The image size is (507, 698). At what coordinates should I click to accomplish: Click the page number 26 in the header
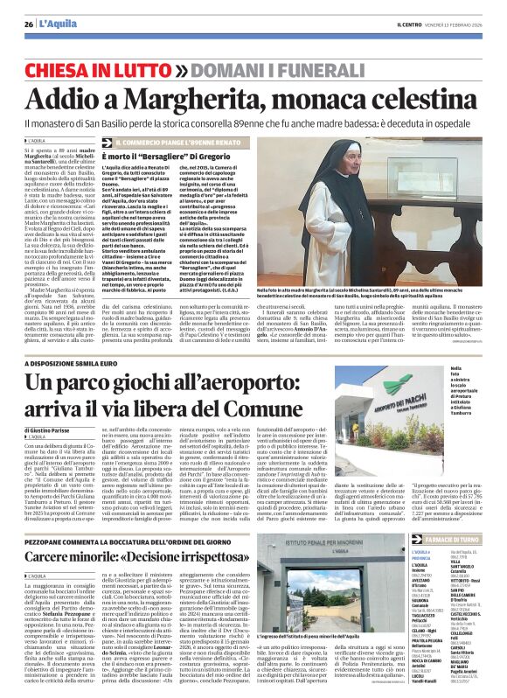tap(28, 24)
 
